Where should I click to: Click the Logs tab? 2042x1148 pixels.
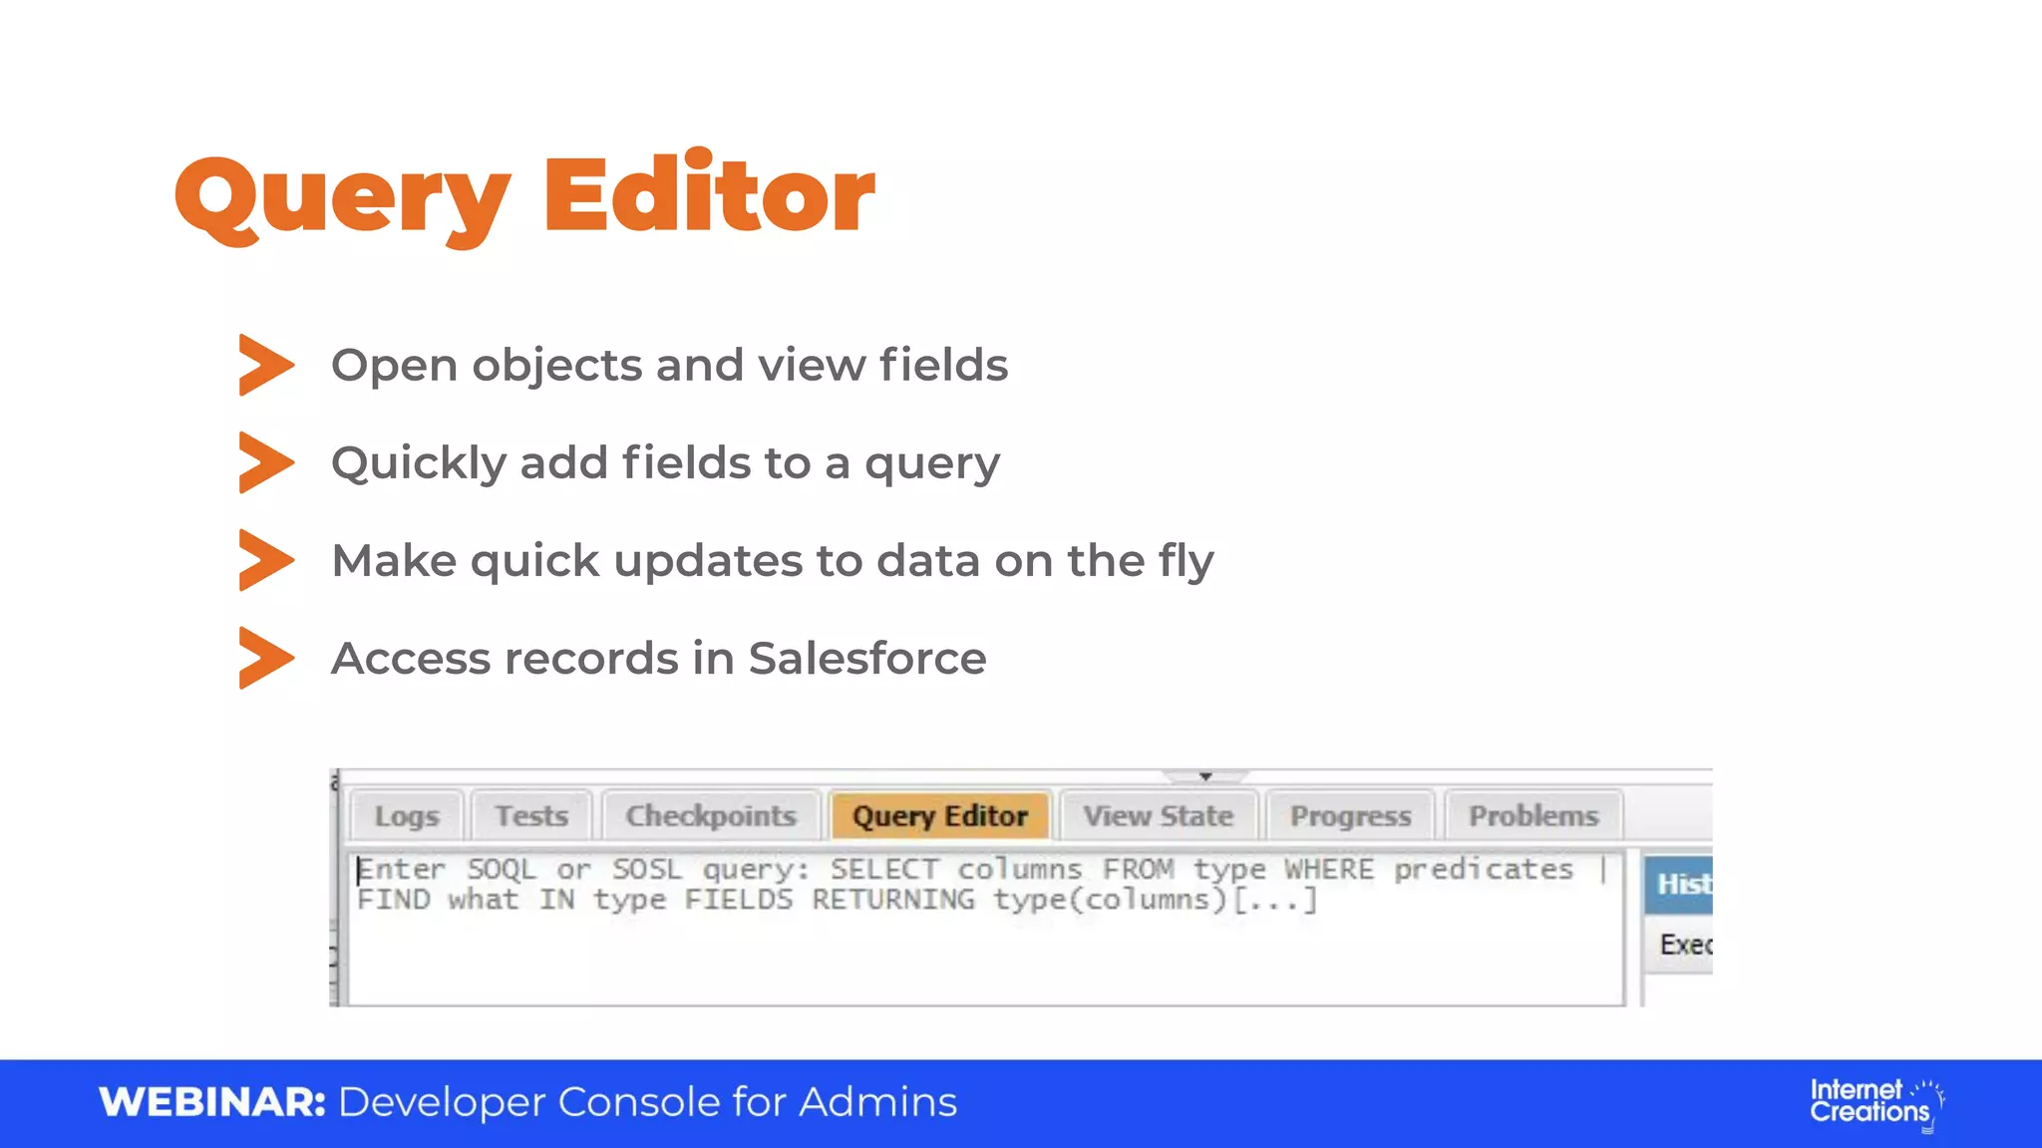click(x=407, y=815)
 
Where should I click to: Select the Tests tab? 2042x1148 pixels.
click(x=531, y=815)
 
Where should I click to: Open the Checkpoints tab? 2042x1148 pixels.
click(x=711, y=815)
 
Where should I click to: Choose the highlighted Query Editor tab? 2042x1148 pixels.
click(x=939, y=815)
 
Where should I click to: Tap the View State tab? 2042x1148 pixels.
click(x=1159, y=815)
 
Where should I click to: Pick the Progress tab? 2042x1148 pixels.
click(x=1350, y=815)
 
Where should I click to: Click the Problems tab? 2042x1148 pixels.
click(x=1532, y=815)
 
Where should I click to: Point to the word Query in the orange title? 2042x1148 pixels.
click(x=342, y=196)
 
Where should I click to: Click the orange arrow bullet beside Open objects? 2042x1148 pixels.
click(x=266, y=365)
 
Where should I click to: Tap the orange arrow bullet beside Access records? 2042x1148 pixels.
click(x=266, y=658)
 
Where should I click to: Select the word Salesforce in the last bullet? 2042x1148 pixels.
click(x=866, y=659)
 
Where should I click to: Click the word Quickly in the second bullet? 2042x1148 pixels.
click(x=419, y=464)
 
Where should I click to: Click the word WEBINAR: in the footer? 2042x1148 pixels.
click(x=212, y=1102)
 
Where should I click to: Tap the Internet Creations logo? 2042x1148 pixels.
click(x=1875, y=1102)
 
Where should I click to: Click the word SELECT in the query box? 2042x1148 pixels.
click(x=884, y=869)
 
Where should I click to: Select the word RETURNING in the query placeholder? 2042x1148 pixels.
click(x=892, y=900)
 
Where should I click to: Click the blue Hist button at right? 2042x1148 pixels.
click(x=1680, y=884)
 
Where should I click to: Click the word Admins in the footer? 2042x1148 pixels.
click(x=877, y=1102)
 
